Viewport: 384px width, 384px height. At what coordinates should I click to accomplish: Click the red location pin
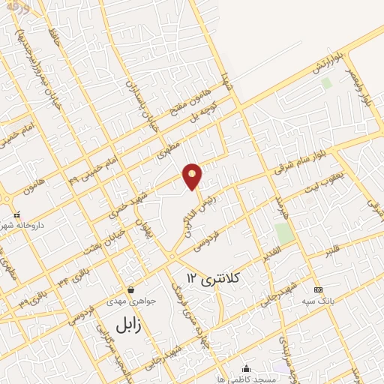pyautogui.click(x=193, y=175)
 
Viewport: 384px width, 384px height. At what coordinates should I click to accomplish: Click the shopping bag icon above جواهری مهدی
pyautogui.click(x=131, y=289)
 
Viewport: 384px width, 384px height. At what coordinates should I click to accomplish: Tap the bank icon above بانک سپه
pyautogui.click(x=319, y=289)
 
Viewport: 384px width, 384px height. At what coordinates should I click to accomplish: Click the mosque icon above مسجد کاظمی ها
pyautogui.click(x=247, y=368)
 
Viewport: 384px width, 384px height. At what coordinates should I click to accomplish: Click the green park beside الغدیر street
pyautogui.click(x=284, y=233)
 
